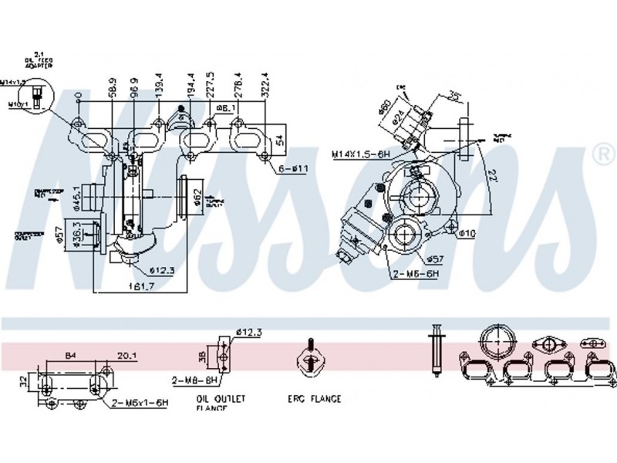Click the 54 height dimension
[281, 141]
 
